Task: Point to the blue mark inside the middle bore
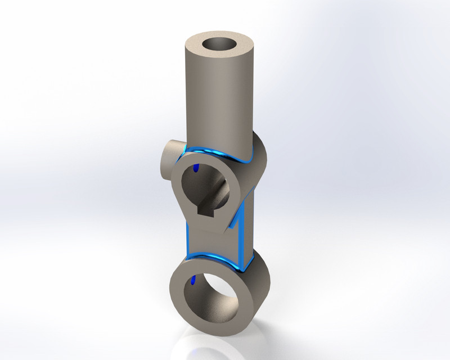(196, 168)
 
